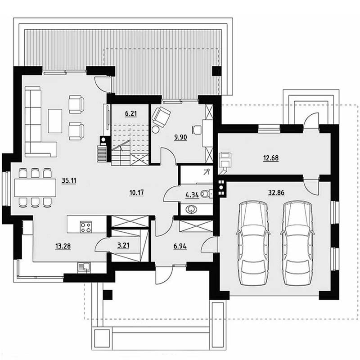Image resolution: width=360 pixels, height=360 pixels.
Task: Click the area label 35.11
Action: tap(69, 181)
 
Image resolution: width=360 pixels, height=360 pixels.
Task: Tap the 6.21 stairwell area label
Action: tap(131, 113)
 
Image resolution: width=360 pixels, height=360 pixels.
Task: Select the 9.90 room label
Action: tap(181, 137)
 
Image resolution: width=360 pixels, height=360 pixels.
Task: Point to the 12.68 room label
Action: tap(271, 158)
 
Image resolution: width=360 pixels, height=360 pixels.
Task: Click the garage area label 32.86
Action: tap(276, 193)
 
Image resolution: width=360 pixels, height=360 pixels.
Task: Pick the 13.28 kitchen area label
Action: tap(63, 246)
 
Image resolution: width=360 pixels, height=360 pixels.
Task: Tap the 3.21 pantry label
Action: tap(123, 245)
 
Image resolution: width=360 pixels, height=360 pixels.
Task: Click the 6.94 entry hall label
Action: tap(180, 246)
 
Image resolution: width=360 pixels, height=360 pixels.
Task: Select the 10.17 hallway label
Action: tap(137, 193)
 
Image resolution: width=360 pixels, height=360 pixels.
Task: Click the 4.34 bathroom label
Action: tap(192, 195)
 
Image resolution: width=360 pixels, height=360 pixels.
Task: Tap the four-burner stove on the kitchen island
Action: tap(86, 227)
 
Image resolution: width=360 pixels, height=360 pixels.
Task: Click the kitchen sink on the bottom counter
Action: tap(84, 267)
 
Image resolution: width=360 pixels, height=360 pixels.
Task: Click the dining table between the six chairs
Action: tap(35, 188)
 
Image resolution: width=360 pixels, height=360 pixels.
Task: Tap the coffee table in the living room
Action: tap(55, 121)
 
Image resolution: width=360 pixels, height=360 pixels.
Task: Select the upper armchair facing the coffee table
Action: tap(76, 104)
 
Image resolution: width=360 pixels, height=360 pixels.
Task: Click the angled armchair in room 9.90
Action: tap(161, 117)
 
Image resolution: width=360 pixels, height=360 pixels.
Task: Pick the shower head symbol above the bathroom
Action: tap(207, 172)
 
